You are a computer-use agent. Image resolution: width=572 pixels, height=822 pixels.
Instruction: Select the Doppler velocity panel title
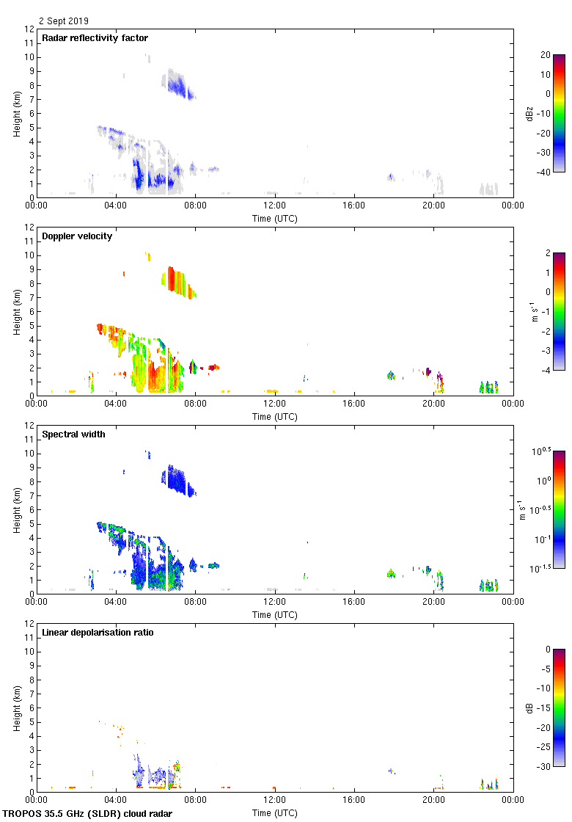[x=77, y=236]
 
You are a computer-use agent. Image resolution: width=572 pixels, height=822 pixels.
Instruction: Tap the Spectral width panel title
[x=73, y=434]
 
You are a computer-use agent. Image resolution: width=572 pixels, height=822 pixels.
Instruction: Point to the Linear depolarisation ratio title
[x=108, y=633]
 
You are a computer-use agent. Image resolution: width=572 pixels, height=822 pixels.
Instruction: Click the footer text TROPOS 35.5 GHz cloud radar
[x=88, y=813]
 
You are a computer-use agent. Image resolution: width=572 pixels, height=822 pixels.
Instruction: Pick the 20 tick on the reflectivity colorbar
[x=545, y=55]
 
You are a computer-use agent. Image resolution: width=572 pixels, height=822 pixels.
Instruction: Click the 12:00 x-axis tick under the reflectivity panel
[x=275, y=206]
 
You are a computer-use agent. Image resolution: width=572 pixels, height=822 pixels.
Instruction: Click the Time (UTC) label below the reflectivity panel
[x=275, y=218]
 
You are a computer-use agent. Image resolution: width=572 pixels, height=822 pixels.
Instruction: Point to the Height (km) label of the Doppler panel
[x=17, y=311]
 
